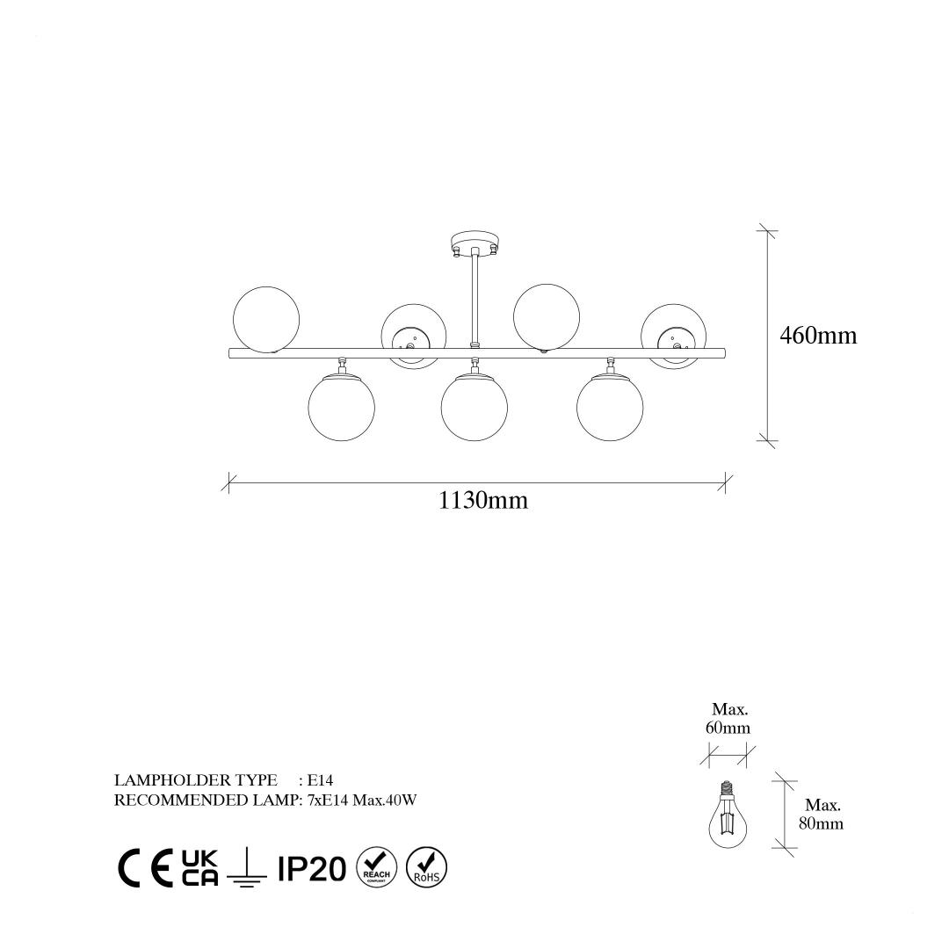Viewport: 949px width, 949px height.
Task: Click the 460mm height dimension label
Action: point(818,336)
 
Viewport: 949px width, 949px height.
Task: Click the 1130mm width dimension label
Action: point(483,501)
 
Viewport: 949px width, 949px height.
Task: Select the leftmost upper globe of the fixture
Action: point(266,319)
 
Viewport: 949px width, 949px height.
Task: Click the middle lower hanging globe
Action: point(474,407)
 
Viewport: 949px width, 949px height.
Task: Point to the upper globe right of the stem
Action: point(547,317)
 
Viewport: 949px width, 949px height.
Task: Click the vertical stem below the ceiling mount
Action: point(474,301)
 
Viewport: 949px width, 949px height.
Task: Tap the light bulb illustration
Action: point(728,815)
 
